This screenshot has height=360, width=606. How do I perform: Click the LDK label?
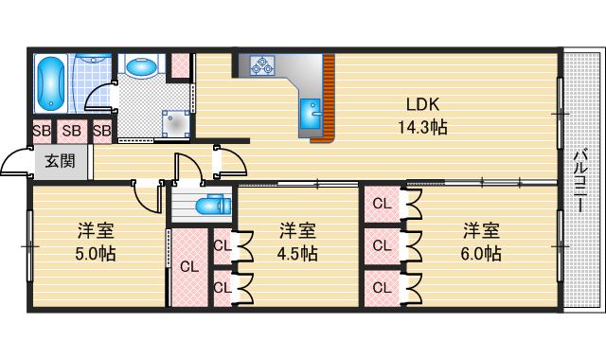pos(422,103)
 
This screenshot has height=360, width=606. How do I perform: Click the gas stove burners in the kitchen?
pos(261,65)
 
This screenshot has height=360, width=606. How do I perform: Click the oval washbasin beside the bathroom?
pos(141,67)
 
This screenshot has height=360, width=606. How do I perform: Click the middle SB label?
pos(72,131)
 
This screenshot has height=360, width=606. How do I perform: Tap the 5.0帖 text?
pos(96,254)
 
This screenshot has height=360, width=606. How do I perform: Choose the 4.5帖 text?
pos(297,254)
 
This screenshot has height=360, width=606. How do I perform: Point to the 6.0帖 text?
pos(481,254)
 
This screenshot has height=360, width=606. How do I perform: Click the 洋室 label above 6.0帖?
pos(481,230)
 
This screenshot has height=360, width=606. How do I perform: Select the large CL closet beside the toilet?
pos(188,266)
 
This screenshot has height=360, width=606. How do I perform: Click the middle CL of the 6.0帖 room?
pos(382,244)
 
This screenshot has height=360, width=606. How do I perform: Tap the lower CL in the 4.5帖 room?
pos(222,285)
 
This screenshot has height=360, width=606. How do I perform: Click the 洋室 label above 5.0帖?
pos(96,230)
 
